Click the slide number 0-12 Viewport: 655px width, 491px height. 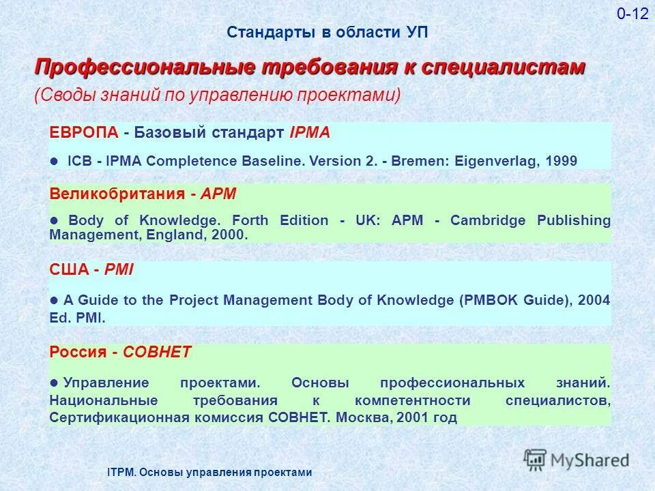pyautogui.click(x=632, y=14)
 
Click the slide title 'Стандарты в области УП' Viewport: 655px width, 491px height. pyautogui.click(x=327, y=33)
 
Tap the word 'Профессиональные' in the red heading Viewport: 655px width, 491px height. pyautogui.click(x=144, y=68)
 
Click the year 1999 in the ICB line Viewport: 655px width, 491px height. pyautogui.click(x=562, y=162)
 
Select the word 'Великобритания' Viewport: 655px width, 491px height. pyautogui.click(x=117, y=194)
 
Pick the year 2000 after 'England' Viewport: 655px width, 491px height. pyautogui.click(x=230, y=235)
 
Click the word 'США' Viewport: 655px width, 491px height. pyautogui.click(x=70, y=269)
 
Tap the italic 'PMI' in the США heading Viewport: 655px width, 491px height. pyautogui.click(x=118, y=269)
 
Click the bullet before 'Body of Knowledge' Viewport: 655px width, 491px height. pyautogui.click(x=55, y=220)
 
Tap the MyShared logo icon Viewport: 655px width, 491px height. pyautogui.click(x=536, y=460)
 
